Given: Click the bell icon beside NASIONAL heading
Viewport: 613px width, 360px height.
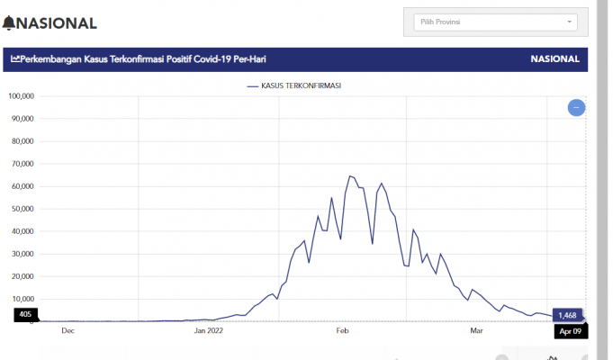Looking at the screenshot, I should [10, 22].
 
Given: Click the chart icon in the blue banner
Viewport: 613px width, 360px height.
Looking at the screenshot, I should [15, 59].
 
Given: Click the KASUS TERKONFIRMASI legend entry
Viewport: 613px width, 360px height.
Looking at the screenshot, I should [300, 85].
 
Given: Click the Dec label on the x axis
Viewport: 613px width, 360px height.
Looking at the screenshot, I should [68, 330].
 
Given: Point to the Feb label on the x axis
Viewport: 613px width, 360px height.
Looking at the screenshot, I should [342, 330].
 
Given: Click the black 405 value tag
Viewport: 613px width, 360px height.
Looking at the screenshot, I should [26, 315].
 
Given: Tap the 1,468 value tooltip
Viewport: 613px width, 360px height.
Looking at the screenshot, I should [567, 315].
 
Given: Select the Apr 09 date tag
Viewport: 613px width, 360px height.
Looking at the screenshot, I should [568, 330].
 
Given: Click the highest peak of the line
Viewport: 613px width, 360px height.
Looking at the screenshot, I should [350, 176].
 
